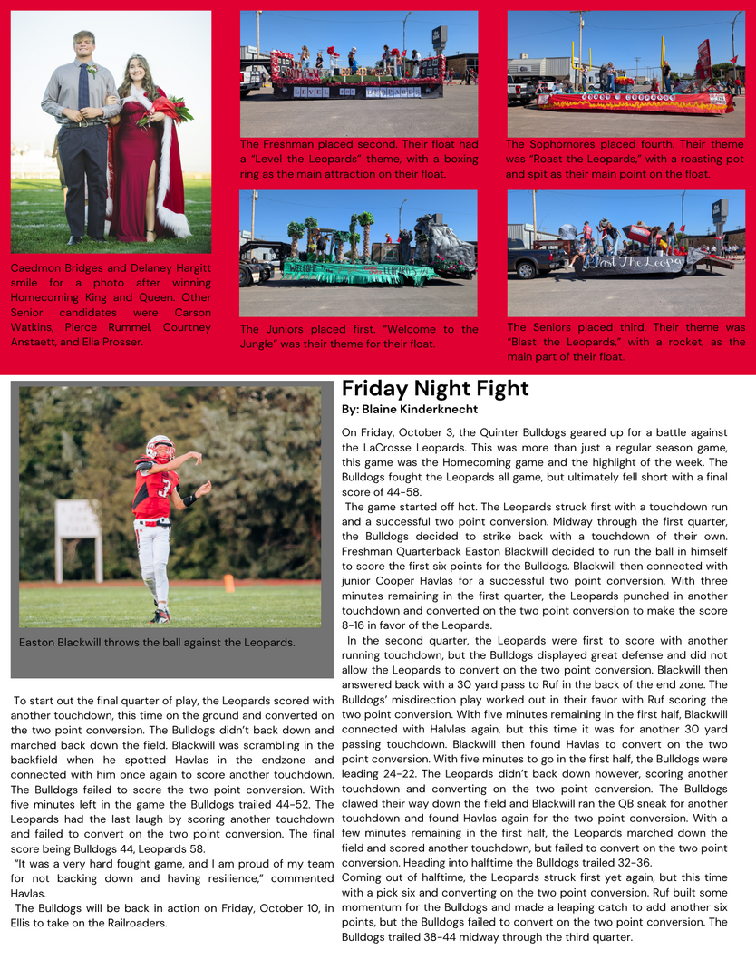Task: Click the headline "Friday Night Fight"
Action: [x=435, y=389]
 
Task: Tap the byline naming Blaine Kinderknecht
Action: [x=410, y=410]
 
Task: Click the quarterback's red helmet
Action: [x=160, y=447]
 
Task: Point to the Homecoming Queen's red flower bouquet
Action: [x=170, y=111]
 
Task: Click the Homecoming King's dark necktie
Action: [x=84, y=85]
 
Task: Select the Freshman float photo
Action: [x=358, y=73]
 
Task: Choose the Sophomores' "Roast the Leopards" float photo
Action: [x=625, y=73]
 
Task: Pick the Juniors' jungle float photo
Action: [x=358, y=252]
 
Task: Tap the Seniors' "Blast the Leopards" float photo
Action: [x=625, y=252]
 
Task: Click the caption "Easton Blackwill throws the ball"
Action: [x=158, y=642]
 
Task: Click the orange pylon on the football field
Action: [x=228, y=583]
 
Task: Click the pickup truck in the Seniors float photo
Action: [x=537, y=258]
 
